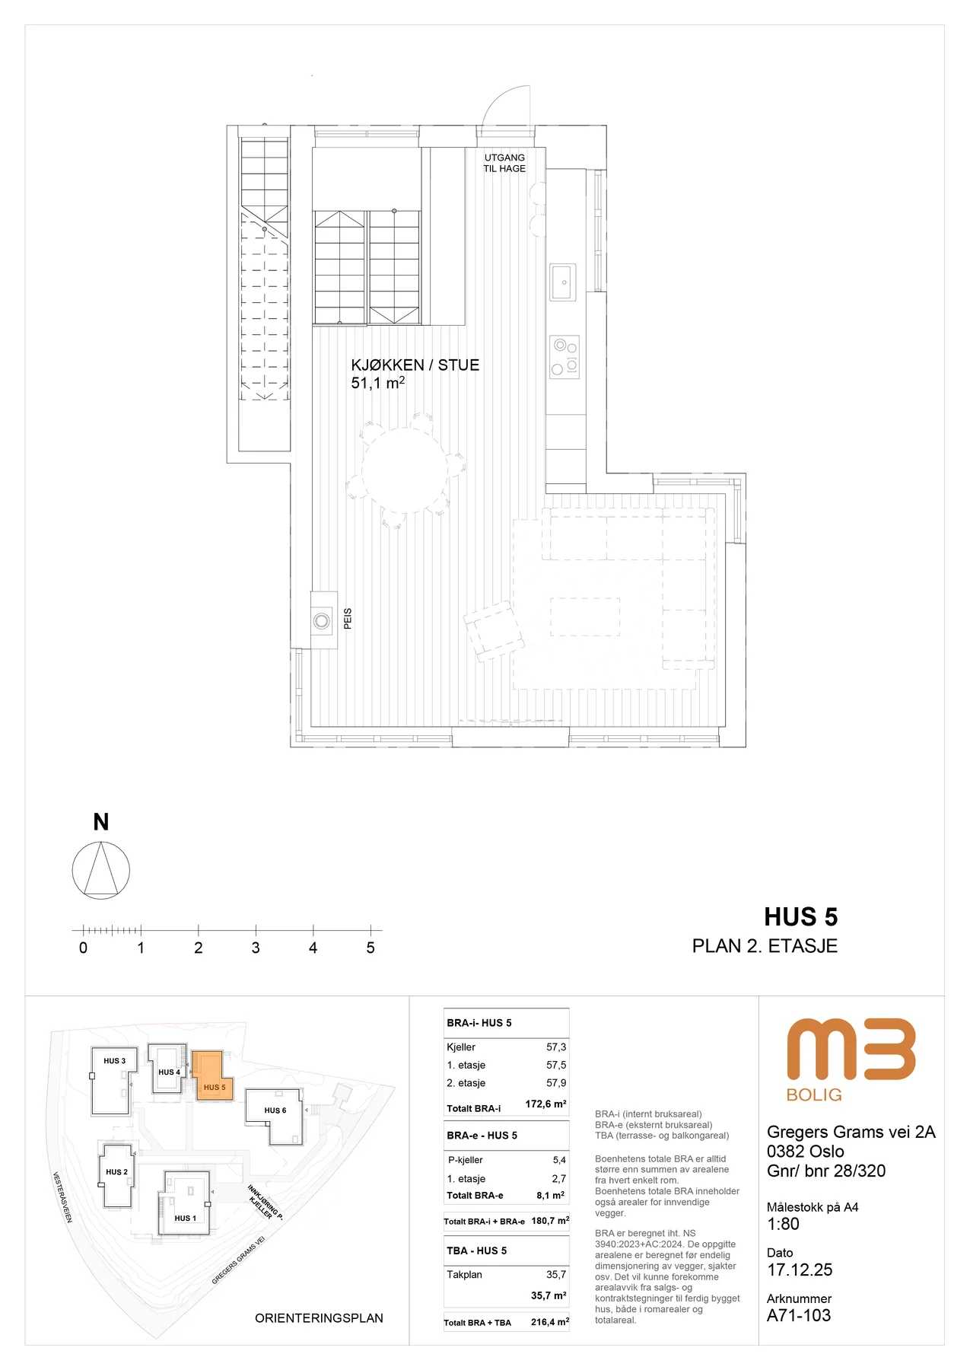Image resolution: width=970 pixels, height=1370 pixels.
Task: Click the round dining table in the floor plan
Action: [x=405, y=470]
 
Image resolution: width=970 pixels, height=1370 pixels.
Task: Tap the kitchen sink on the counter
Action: [x=563, y=282]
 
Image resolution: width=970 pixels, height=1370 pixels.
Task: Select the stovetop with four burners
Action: [x=565, y=357]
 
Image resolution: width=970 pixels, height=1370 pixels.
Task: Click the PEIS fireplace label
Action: [x=348, y=618]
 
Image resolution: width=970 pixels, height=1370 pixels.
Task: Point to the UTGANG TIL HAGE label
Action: [x=504, y=163]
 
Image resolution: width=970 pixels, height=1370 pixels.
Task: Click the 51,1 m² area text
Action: [x=377, y=383]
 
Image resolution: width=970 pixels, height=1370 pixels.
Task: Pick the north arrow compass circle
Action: [x=101, y=870]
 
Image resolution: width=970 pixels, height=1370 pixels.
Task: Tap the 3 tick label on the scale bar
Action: [x=256, y=948]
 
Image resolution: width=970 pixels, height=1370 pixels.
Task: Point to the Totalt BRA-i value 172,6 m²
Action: [x=545, y=1104]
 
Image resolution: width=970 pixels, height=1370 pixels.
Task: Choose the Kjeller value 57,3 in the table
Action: [x=556, y=1047]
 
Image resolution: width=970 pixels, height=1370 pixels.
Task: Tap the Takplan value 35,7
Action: [x=556, y=1274]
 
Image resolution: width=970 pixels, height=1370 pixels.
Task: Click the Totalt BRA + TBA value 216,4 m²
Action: [x=550, y=1322]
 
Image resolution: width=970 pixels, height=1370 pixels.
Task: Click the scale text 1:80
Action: [x=783, y=1224]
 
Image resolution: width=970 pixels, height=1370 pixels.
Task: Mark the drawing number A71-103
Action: [x=799, y=1315]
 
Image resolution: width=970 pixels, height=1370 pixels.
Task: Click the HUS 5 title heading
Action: [x=801, y=917]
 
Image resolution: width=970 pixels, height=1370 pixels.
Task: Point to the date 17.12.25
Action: [x=800, y=1270]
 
